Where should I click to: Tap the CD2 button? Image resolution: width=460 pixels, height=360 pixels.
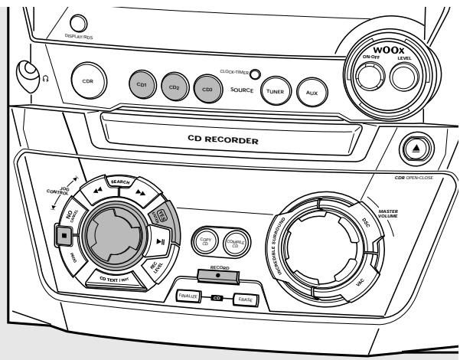[174, 86]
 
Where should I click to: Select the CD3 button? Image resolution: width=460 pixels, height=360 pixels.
[207, 87]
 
